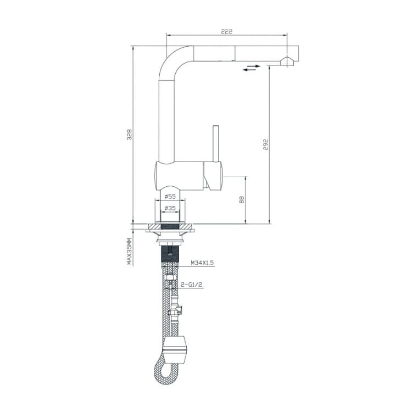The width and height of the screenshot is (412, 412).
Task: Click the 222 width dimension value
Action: tap(226, 31)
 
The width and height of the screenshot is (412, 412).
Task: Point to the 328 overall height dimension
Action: tap(130, 135)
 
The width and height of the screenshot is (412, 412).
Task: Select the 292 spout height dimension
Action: tap(266, 144)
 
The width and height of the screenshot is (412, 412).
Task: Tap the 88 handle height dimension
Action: tap(242, 200)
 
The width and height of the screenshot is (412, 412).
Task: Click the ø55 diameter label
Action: tap(170, 197)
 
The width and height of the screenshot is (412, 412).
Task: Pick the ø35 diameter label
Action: tap(170, 208)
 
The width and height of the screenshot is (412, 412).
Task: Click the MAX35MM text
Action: tap(129, 251)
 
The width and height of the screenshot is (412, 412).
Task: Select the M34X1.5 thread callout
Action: tap(202, 263)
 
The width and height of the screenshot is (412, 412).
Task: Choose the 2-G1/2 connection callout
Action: tap(192, 285)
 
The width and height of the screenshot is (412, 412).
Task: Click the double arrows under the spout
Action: tap(252, 68)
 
